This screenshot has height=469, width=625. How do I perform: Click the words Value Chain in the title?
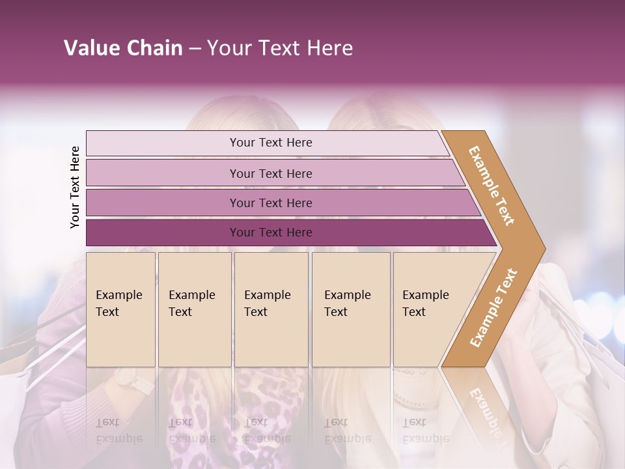123,48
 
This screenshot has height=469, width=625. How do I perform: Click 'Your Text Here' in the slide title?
280,48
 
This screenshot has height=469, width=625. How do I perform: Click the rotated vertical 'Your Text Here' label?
75,188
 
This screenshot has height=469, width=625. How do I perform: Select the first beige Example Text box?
120,309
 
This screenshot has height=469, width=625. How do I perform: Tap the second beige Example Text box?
194,309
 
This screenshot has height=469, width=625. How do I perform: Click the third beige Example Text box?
271,309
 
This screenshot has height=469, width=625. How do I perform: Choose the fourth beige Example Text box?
351,309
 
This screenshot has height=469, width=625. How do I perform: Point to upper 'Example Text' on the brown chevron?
492,186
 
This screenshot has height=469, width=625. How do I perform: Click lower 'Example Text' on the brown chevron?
493,307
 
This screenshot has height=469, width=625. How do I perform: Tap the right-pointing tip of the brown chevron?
542,248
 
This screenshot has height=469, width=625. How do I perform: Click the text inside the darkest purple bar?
271,233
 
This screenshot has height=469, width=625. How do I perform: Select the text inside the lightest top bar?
271,143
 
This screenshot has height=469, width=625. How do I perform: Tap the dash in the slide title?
195,49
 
